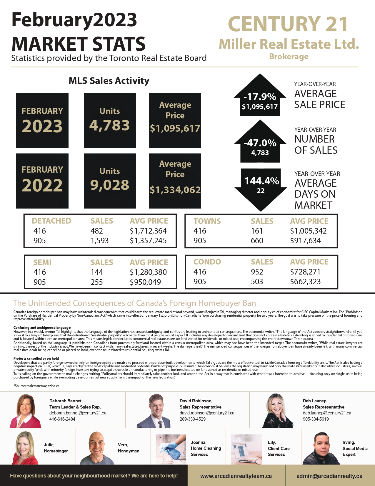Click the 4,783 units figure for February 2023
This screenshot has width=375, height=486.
point(109,125)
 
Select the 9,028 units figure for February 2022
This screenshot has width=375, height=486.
point(109,185)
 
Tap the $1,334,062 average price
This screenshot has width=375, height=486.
point(175,190)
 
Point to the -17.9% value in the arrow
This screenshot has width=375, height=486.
point(260,97)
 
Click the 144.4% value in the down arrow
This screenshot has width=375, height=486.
point(261,181)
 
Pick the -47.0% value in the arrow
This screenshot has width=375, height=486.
point(260,143)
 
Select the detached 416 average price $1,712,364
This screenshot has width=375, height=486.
point(148,231)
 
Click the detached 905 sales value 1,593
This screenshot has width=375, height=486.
point(99,241)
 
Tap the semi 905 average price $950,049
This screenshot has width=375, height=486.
point(145,282)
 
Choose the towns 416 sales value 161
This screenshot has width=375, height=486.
point(257,231)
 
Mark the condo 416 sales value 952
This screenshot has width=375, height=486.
point(257,272)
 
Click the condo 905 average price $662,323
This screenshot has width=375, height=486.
point(305,282)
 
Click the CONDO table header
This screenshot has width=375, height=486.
point(207,262)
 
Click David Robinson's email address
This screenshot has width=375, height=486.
point(207,413)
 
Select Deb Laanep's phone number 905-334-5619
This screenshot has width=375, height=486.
point(316,419)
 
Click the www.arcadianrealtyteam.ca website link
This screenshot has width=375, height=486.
point(236,476)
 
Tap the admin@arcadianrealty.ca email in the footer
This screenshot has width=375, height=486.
point(329,476)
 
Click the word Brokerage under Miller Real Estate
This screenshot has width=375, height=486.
point(289,57)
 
